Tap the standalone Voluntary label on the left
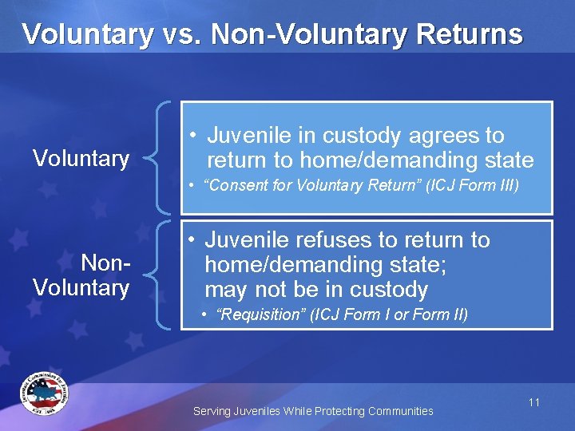[x=81, y=159]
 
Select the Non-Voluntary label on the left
[x=81, y=275]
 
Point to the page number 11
[x=534, y=402]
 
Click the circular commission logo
[x=44, y=393]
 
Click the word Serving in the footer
[x=212, y=411]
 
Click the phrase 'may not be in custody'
[x=316, y=289]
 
